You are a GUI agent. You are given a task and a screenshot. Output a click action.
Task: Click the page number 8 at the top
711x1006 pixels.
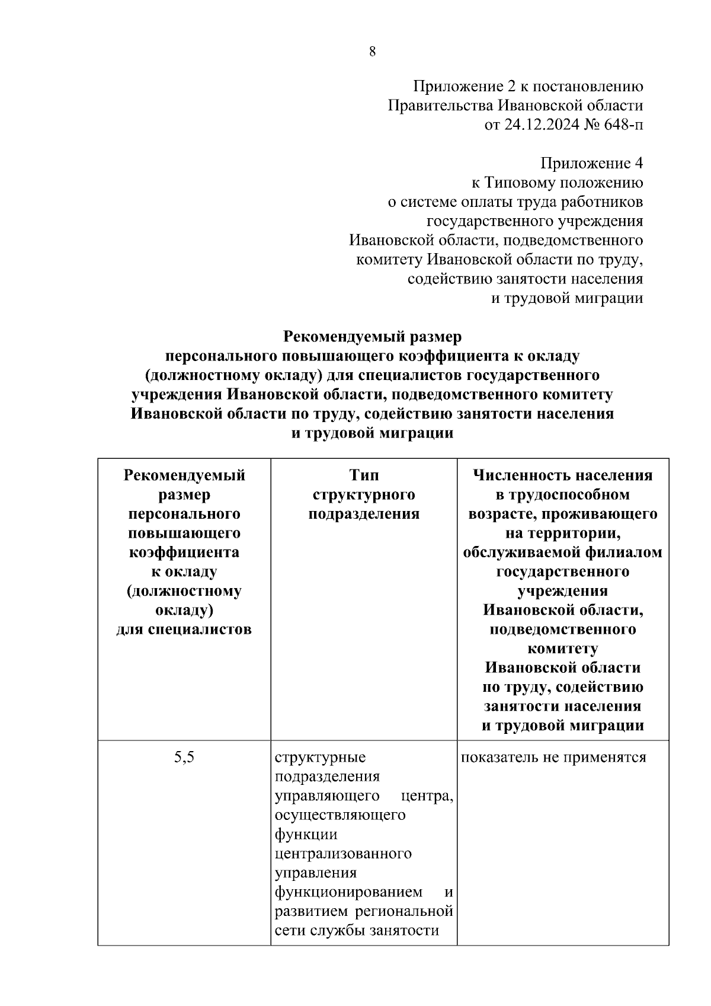[372, 52]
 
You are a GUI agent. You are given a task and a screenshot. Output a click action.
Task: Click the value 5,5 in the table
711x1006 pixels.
[184, 757]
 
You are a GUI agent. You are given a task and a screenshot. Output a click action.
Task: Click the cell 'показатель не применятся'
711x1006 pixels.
[553, 757]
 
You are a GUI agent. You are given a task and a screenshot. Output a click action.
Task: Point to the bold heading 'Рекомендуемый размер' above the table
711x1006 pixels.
[372, 337]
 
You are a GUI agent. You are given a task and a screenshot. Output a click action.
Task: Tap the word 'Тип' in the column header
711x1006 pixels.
[364, 475]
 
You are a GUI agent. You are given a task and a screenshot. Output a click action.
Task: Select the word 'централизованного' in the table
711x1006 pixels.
[344, 854]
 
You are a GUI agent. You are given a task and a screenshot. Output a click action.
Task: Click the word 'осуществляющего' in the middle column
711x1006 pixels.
[341, 815]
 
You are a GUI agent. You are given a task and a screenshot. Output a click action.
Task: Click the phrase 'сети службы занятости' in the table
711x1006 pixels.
[357, 930]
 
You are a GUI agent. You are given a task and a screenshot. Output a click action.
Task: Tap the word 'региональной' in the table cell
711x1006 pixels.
[409, 911]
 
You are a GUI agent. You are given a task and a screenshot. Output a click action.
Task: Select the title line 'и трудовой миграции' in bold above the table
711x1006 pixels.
[372, 433]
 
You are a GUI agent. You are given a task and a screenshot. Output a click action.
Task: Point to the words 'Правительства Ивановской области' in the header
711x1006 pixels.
[515, 106]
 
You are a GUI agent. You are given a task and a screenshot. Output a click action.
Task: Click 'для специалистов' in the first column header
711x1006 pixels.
[184, 629]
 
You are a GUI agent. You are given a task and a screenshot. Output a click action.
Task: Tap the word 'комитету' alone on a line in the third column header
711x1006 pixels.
[562, 649]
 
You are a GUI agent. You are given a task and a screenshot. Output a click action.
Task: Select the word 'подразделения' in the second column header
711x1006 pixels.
[364, 514]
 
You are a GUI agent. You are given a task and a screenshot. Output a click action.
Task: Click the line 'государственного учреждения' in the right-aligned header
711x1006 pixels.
[535, 221]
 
